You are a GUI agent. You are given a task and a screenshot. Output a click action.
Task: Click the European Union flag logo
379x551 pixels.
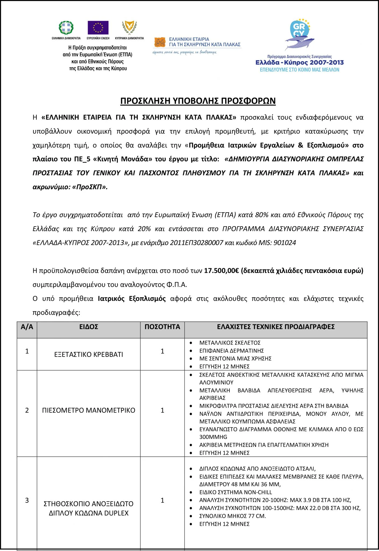[98, 28]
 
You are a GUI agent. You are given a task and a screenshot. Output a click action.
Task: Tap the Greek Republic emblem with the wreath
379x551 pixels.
[66, 27]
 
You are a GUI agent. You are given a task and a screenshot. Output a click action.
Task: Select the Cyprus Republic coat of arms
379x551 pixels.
[129, 27]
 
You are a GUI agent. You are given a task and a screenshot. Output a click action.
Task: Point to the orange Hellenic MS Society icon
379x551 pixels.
[160, 42]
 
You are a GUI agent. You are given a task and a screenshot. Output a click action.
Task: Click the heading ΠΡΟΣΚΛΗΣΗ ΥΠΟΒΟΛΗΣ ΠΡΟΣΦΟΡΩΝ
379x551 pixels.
[198, 101]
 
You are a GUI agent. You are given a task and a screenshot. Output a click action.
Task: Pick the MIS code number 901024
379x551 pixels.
[285, 243]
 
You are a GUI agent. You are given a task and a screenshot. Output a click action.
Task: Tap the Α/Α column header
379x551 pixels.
[27, 327]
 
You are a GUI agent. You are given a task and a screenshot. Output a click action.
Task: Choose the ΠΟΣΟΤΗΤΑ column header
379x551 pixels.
[162, 327]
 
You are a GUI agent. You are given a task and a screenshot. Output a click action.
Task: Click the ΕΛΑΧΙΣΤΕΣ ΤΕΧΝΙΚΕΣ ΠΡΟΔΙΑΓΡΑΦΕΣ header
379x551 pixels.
[276, 327]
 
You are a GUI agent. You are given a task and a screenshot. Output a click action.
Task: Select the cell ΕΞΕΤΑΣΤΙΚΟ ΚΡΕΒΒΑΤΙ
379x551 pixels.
[89, 354]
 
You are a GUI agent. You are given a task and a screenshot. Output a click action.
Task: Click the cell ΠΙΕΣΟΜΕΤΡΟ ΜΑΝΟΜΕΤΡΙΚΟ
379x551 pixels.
[89, 410]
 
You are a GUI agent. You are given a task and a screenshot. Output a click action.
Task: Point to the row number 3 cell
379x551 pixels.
[27, 500]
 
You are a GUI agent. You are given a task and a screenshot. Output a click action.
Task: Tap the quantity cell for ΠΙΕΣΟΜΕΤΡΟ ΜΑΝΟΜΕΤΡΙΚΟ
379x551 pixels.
[162, 410]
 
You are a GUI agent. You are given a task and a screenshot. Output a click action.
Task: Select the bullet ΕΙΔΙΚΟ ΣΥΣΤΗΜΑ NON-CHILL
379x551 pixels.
[236, 492]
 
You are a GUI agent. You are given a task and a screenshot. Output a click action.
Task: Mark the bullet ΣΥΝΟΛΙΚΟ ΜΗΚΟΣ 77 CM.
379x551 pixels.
[233, 516]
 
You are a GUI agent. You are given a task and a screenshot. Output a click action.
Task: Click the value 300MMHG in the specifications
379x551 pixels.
[213, 437]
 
